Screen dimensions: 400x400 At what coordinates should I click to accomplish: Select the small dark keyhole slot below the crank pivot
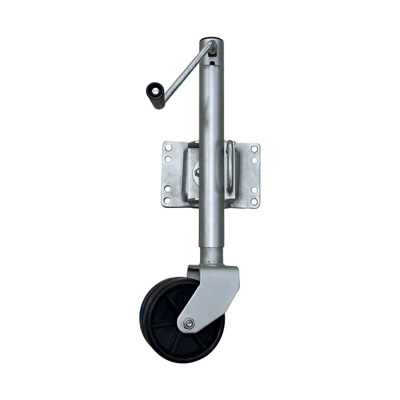[212, 62]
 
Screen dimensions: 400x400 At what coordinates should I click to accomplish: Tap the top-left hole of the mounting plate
[168, 148]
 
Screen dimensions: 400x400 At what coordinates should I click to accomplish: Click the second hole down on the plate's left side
[168, 159]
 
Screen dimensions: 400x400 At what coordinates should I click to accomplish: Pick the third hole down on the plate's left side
[168, 188]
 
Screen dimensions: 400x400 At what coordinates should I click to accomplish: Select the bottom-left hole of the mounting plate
[167, 200]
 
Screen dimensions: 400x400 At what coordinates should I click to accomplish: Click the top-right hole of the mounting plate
[254, 149]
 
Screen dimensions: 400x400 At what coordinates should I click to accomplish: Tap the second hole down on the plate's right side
[254, 160]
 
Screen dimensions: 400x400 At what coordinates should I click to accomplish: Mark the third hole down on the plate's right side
[254, 190]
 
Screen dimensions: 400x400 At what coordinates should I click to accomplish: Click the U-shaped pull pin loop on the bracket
[230, 166]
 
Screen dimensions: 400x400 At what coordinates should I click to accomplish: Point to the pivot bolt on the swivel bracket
[197, 172]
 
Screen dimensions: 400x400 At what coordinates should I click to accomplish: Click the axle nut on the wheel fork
[188, 323]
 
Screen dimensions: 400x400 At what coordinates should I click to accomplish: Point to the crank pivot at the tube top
[214, 48]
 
